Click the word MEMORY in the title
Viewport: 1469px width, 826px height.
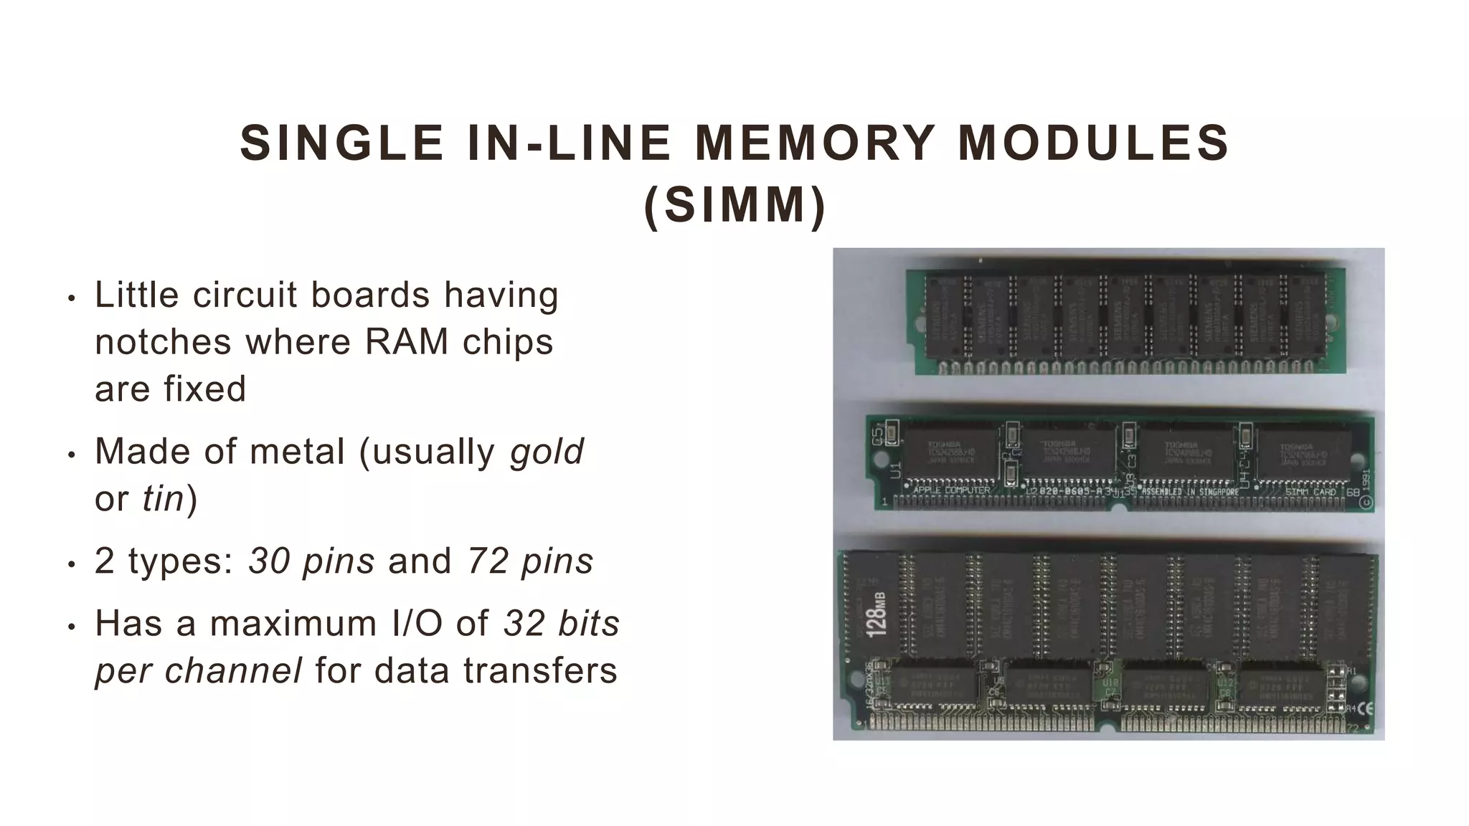tap(815, 143)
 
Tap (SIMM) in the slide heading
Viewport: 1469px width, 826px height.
tap(735, 206)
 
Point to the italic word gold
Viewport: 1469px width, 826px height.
tap(547, 452)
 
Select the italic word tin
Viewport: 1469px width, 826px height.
tap(164, 498)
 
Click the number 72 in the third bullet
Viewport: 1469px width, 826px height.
tap(487, 561)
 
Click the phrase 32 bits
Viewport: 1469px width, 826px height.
tap(562, 623)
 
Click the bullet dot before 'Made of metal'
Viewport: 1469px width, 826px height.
tap(70, 455)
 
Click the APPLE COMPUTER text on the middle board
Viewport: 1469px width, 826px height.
tap(951, 491)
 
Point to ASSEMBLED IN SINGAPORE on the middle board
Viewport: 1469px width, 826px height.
tap(1190, 492)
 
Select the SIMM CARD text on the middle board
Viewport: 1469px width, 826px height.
tap(1310, 492)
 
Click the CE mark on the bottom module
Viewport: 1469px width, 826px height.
tap(1365, 708)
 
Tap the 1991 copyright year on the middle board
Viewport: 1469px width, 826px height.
tap(1365, 480)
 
